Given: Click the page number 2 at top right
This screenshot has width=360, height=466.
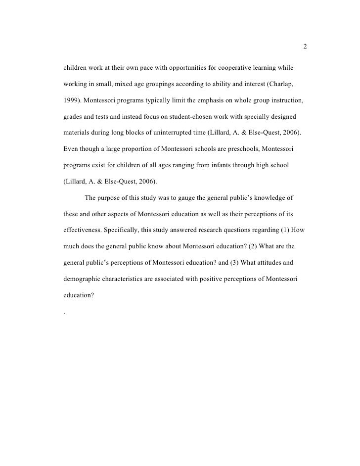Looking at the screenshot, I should pyautogui.click(x=305, y=47).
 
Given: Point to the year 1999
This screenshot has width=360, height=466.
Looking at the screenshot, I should pyautogui.click(x=72, y=101).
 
